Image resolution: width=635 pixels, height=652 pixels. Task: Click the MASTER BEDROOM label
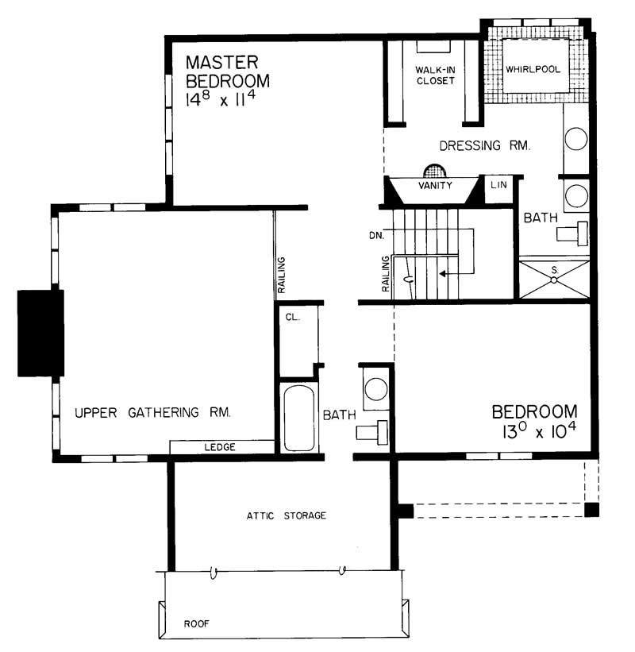(x=226, y=71)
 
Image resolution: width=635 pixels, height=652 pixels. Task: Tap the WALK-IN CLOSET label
(x=434, y=75)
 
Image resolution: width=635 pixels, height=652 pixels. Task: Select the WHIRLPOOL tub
(x=533, y=69)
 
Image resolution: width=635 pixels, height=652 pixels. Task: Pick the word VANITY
(x=434, y=186)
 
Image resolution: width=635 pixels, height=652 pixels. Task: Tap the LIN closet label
(x=498, y=184)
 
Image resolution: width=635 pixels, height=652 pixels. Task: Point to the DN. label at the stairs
(x=378, y=236)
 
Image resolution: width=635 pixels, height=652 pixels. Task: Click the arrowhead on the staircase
(x=441, y=273)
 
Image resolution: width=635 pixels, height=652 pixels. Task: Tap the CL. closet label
(x=291, y=316)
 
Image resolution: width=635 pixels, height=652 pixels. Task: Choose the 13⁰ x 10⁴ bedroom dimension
(x=533, y=433)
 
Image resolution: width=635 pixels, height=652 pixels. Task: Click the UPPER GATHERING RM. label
(x=152, y=412)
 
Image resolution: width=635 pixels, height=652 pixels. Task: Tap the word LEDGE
(x=220, y=448)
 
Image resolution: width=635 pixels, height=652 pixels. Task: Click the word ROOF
(x=195, y=623)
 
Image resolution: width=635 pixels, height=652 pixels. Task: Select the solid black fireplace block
(x=40, y=332)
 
